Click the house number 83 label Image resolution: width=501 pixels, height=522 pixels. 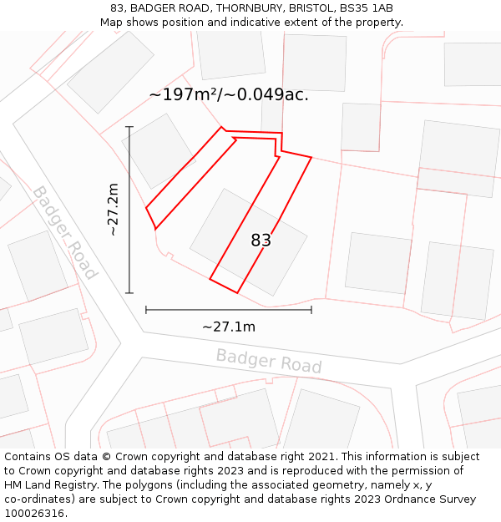pos(261,241)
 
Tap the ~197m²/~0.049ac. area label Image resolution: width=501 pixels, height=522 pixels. pos(229,94)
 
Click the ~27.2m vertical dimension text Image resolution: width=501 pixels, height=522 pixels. pos(114,210)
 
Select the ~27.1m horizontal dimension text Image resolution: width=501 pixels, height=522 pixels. pos(228,327)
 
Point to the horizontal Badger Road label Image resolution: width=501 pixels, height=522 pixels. pos(268,361)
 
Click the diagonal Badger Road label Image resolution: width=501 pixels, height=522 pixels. pos(64,232)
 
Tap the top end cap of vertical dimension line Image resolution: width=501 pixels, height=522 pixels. pos(129,127)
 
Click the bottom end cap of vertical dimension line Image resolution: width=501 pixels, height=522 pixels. pos(129,293)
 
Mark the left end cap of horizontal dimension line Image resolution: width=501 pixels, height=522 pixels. pos(146,310)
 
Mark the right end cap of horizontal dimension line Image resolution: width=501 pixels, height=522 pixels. pos(311,310)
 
